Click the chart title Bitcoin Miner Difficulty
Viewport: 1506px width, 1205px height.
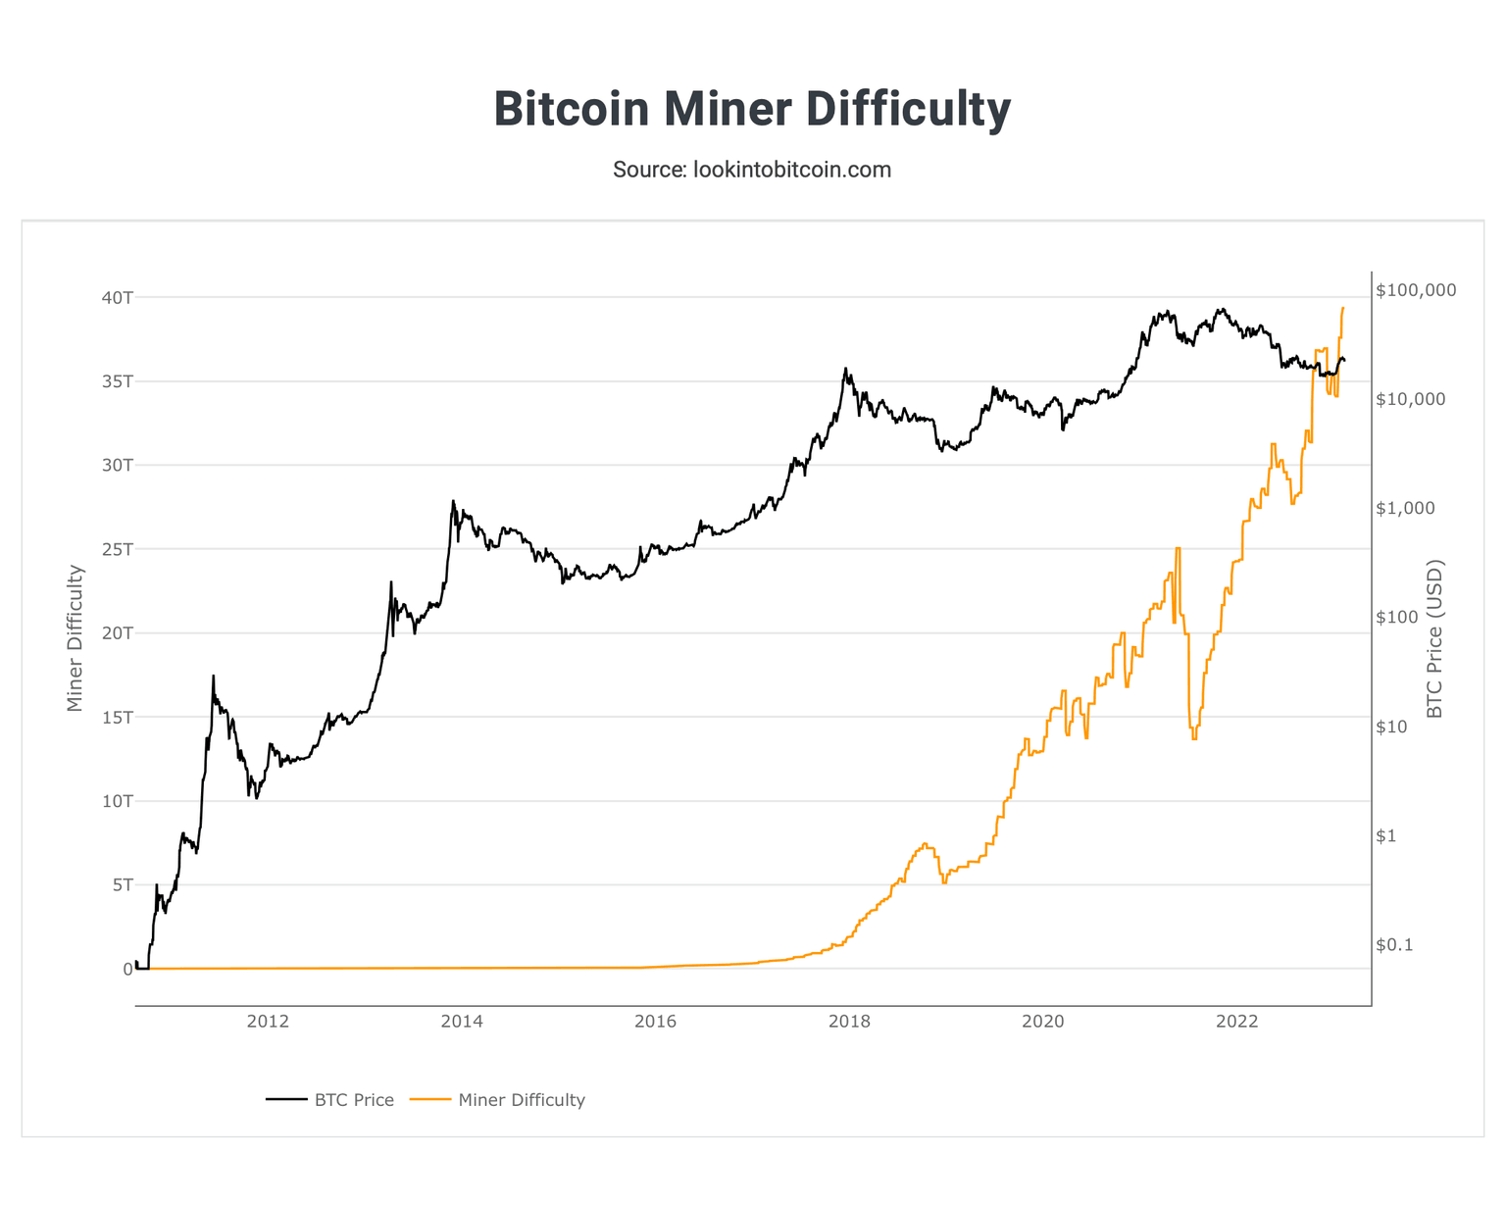(752, 108)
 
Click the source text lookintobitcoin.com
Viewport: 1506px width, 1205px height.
(752, 170)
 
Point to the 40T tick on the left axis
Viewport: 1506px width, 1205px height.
(115, 297)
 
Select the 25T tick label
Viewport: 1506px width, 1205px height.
(115, 549)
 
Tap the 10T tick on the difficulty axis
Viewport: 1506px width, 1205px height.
(115, 801)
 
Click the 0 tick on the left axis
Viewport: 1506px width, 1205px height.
(126, 969)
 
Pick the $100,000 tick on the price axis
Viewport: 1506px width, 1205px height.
(1416, 290)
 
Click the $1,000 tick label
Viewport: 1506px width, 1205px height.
(1405, 508)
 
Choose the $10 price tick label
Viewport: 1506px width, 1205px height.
(1392, 727)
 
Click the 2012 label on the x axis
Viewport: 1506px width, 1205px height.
(268, 1022)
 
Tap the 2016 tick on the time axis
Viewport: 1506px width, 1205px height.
(655, 1022)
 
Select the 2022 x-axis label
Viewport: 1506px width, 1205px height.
(1236, 1022)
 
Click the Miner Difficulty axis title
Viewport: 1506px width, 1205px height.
(75, 638)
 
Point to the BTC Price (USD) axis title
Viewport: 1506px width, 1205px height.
(1435, 638)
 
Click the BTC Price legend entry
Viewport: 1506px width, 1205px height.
(330, 1100)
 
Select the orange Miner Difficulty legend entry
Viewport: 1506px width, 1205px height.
(497, 1100)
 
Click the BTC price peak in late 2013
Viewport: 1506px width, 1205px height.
(453, 501)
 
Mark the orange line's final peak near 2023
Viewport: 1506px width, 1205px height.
(1342, 308)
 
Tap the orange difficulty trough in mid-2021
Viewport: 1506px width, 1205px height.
(1193, 738)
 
